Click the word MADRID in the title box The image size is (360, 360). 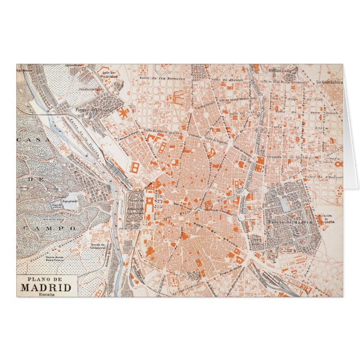coord(47,288)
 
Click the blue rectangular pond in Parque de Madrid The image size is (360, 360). coord(285,205)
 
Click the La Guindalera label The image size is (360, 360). coord(328,83)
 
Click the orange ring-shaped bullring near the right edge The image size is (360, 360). coord(337,164)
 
